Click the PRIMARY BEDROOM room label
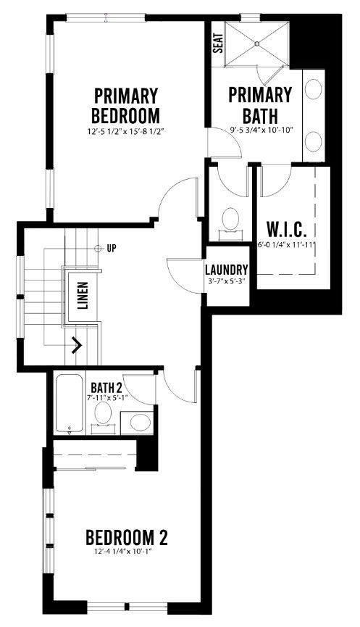[125, 106]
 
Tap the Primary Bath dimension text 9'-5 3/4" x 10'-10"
[261, 130]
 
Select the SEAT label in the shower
[217, 43]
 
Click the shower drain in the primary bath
[257, 43]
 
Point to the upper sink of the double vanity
[313, 88]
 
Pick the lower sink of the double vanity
[313, 141]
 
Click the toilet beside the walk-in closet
[230, 220]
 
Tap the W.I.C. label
[287, 230]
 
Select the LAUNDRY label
[227, 270]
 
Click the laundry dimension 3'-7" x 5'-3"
[227, 281]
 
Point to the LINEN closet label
[83, 296]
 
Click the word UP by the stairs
[112, 249]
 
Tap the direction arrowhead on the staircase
[77, 345]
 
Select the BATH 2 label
[106, 388]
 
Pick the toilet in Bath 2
[103, 417]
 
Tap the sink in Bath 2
[141, 422]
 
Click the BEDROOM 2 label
[127, 538]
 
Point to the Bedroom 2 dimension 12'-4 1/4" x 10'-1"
[125, 552]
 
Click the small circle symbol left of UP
[97, 249]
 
